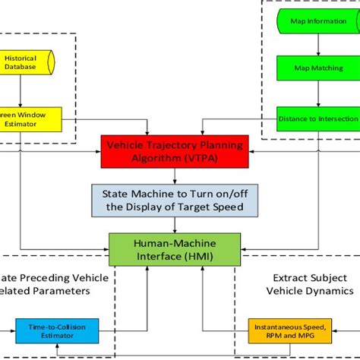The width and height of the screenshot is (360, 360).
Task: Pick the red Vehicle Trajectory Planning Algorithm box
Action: pyautogui.click(x=176, y=150)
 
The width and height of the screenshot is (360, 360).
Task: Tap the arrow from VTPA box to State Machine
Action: pyautogui.click(x=176, y=175)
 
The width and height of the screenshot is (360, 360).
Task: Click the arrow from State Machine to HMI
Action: pyautogui.click(x=176, y=224)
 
